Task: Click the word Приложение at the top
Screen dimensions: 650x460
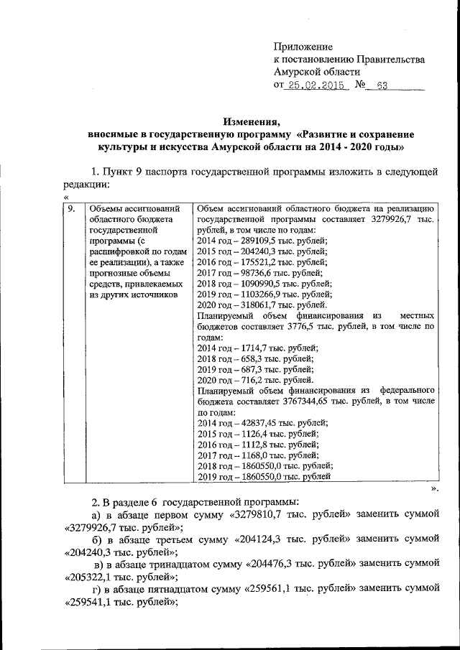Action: [303, 47]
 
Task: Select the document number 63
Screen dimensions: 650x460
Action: [382, 85]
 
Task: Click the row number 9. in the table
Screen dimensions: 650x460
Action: [70, 209]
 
